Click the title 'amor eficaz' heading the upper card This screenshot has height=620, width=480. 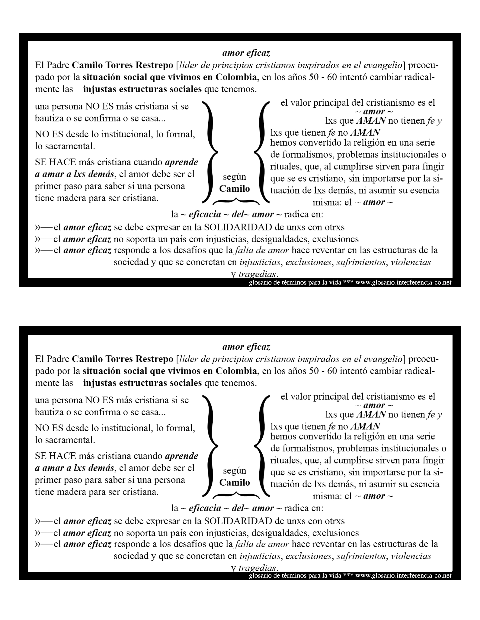tap(246, 53)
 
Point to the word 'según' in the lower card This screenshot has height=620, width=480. tap(234, 471)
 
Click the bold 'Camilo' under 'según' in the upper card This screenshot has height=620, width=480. tap(234, 189)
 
